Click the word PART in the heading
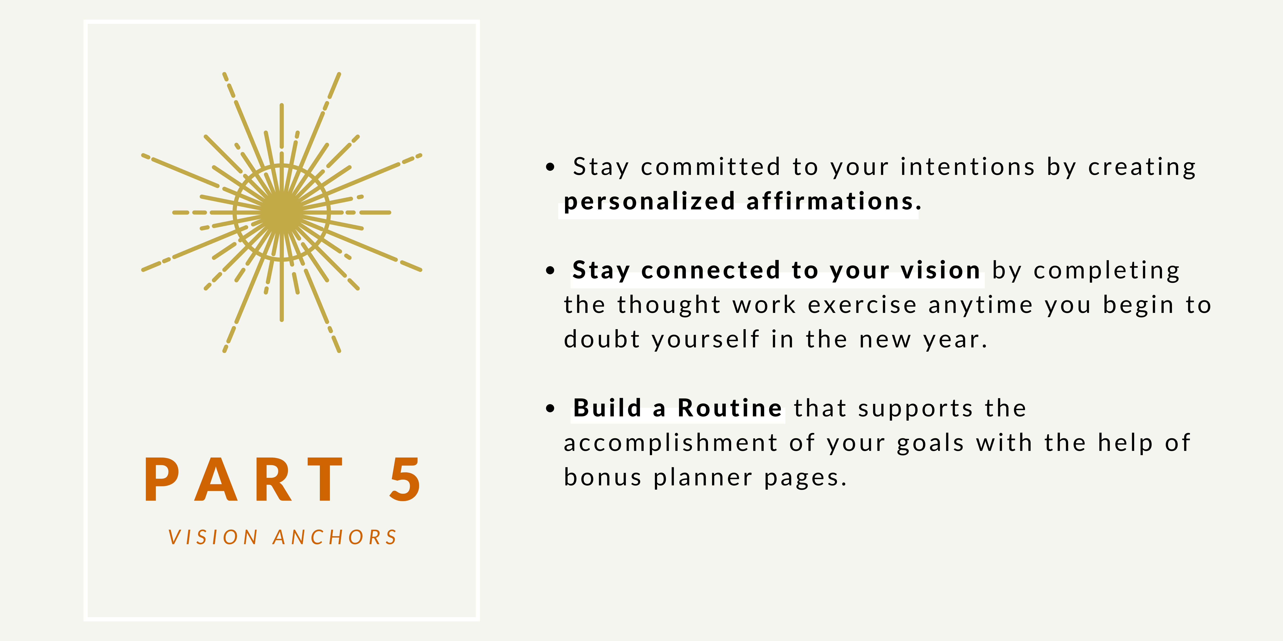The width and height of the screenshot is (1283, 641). (x=244, y=479)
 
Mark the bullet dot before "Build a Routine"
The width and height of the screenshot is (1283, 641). (x=550, y=409)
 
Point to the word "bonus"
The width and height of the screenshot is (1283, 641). (x=603, y=478)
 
